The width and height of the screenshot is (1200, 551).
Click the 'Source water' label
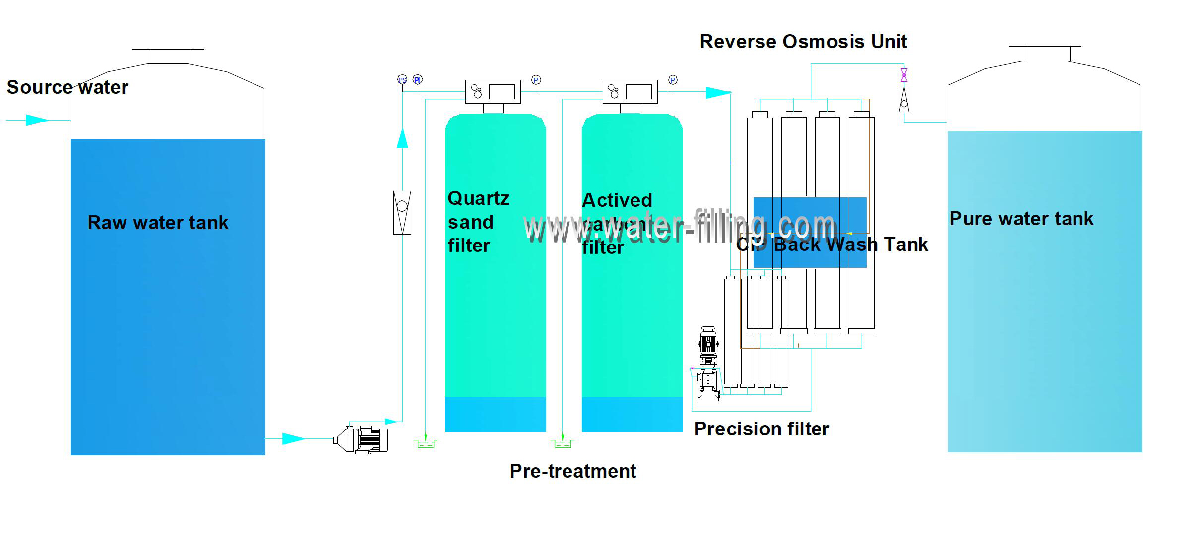[x=67, y=87]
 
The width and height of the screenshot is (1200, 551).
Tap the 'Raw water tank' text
[x=158, y=223]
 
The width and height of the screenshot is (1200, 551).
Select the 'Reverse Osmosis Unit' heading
[x=803, y=42]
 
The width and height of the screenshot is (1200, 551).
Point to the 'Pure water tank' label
[x=1021, y=219]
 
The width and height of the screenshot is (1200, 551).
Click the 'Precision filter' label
[x=761, y=429]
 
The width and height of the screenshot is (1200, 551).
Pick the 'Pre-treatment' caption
[x=573, y=471]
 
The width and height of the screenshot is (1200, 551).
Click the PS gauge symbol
[x=402, y=80]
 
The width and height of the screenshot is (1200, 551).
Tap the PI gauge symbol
[x=418, y=80]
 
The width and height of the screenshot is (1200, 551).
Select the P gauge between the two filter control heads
[x=536, y=80]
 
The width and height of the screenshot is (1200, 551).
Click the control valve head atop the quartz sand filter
[x=493, y=92]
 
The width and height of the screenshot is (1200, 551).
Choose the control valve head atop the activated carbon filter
[x=630, y=92]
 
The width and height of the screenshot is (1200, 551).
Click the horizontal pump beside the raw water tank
[x=362, y=439]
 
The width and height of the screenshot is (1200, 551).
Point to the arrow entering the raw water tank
[x=37, y=120]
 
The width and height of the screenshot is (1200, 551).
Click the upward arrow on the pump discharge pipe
[x=402, y=138]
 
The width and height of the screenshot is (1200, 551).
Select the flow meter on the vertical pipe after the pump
[x=402, y=212]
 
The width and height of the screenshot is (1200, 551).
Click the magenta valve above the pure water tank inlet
[x=904, y=75]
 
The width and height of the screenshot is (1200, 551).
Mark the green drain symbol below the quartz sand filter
[x=426, y=443]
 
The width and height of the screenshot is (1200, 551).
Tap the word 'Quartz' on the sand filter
[x=478, y=198]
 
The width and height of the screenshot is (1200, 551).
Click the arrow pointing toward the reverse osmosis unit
[x=718, y=92]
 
